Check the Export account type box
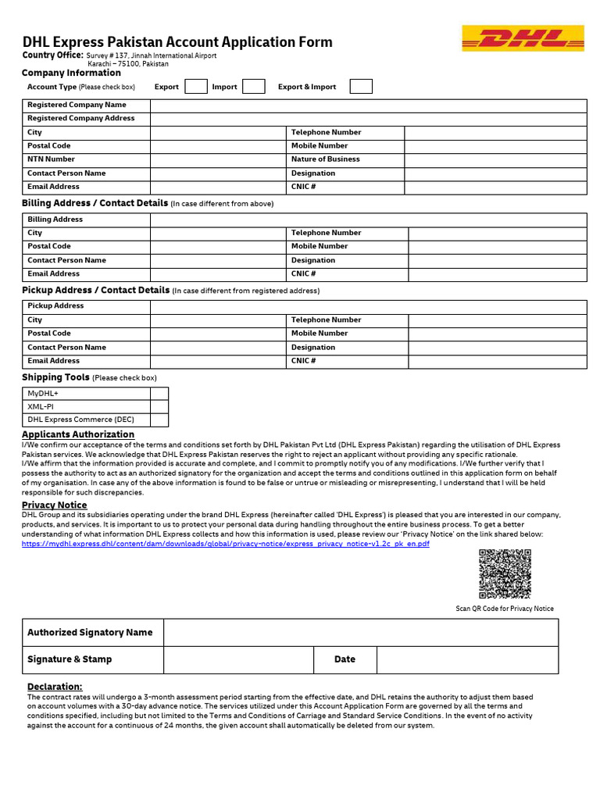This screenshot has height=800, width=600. point(195,87)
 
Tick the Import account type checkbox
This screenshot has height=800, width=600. point(254,87)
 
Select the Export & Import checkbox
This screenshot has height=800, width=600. point(361,87)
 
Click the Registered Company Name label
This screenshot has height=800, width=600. point(77,105)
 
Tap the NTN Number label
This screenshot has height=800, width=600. point(51,159)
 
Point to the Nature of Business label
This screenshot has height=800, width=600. point(326,159)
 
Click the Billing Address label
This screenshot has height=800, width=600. point(55,220)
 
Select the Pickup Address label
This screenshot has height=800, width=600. point(55,306)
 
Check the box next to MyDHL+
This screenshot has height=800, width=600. point(159,394)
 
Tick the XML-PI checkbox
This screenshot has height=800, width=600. point(159,407)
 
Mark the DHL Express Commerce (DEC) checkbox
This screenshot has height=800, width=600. point(159,420)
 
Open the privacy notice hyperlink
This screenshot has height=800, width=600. point(225,544)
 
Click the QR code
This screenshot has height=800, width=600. point(505,574)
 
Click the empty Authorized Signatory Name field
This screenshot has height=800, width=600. point(360,633)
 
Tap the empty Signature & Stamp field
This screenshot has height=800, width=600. point(238,659)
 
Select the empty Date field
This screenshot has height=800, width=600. point(467,659)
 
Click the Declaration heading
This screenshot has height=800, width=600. point(55,686)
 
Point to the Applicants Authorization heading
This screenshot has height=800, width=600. point(78,434)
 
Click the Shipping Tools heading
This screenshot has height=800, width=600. point(55,377)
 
